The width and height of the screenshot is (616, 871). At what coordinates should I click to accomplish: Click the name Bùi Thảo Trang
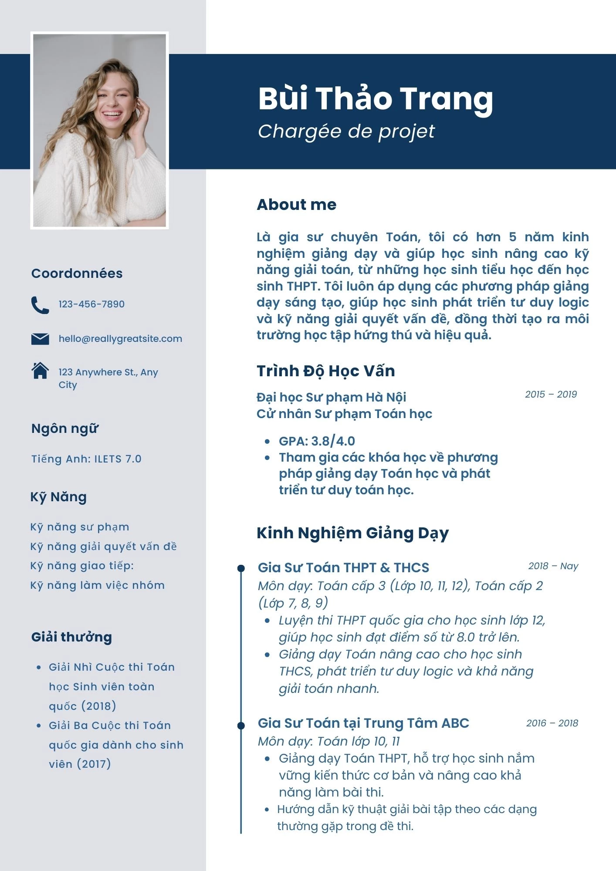(x=375, y=99)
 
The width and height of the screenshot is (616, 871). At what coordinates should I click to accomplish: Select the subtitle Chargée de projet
(x=346, y=132)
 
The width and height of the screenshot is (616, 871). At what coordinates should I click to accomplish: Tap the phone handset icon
(x=40, y=305)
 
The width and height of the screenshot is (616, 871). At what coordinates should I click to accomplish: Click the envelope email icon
(x=40, y=339)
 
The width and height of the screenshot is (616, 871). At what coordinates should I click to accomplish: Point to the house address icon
(x=40, y=371)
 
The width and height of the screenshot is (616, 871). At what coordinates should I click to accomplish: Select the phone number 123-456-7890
(x=91, y=304)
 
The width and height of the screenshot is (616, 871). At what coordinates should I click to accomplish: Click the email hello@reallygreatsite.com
(x=120, y=339)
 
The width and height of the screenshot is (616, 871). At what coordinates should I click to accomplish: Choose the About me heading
(x=296, y=205)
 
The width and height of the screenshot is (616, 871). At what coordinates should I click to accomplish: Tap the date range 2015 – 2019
(x=551, y=395)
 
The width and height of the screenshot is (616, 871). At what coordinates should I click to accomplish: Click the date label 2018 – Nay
(x=553, y=566)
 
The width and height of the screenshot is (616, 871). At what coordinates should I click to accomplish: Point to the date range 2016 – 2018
(x=552, y=723)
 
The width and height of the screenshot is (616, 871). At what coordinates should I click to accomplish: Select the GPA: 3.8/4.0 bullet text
(x=317, y=441)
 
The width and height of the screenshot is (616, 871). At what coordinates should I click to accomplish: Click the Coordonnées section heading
(x=77, y=273)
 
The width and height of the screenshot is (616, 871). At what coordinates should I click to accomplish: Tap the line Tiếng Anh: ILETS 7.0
(x=86, y=459)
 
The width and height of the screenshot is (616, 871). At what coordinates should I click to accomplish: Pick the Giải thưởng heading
(x=71, y=637)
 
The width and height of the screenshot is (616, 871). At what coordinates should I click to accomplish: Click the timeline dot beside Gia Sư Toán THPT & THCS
(x=241, y=568)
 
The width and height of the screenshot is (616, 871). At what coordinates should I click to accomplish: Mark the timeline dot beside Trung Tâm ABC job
(x=241, y=725)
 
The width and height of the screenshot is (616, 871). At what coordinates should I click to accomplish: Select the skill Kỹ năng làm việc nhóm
(x=97, y=585)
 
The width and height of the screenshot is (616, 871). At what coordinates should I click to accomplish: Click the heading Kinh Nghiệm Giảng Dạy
(x=352, y=533)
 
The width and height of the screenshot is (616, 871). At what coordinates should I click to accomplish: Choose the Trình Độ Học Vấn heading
(x=325, y=371)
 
